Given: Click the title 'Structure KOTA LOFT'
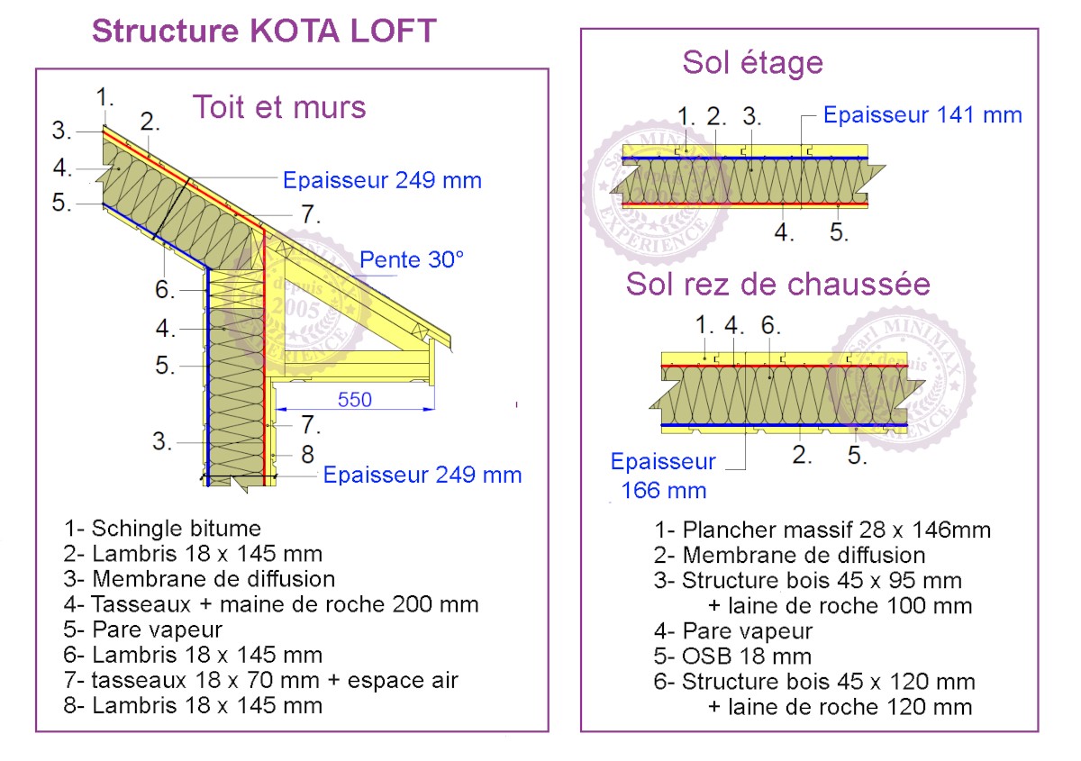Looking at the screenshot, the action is click(x=264, y=31).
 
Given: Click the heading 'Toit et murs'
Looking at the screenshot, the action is click(x=279, y=107).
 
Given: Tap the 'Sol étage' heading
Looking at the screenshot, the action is click(x=752, y=63).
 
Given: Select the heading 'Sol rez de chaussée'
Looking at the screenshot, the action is click(x=777, y=284).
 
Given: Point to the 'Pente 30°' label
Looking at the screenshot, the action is click(x=411, y=259).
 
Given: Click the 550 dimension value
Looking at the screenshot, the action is click(x=355, y=400).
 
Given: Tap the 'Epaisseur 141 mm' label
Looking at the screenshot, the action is click(x=922, y=115).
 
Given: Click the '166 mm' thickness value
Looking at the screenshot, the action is click(x=664, y=491).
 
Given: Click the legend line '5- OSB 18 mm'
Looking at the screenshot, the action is click(x=732, y=656).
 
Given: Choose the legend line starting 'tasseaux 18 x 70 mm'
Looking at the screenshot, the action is click(x=260, y=681).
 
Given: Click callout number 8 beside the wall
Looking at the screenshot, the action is click(x=307, y=454).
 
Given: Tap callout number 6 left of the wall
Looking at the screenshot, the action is click(x=165, y=289).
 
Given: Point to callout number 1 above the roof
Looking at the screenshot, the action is click(x=104, y=97).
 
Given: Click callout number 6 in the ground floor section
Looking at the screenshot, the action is click(x=770, y=325).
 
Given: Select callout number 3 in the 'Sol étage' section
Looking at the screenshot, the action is click(x=751, y=116).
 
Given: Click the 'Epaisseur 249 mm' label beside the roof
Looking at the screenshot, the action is click(x=382, y=180).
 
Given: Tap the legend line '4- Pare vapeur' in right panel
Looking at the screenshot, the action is click(x=733, y=630).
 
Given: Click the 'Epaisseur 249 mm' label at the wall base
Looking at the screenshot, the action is click(x=422, y=475).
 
